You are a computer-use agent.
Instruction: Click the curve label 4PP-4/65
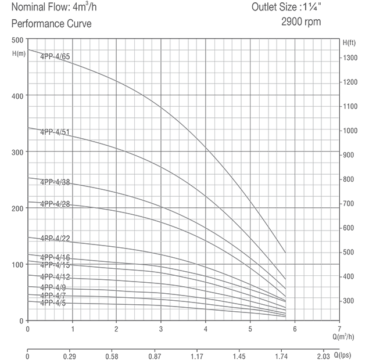point(55,56)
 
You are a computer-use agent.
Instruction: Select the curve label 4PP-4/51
point(55,132)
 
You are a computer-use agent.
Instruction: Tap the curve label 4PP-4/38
point(55,182)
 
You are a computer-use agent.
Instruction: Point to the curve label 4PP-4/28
point(55,204)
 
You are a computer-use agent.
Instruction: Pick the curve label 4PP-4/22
point(55,239)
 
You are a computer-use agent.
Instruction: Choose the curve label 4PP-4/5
point(53,303)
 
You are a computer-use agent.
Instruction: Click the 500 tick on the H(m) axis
point(17,39)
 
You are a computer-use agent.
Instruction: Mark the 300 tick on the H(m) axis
point(17,152)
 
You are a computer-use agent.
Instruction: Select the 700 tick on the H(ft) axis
point(347,203)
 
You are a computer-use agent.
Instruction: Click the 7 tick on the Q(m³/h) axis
point(339,328)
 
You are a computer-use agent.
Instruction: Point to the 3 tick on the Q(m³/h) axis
point(161,328)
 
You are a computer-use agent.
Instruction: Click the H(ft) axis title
point(349,43)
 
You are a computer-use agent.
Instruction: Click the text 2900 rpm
point(300,23)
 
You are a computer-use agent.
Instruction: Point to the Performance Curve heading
point(52,24)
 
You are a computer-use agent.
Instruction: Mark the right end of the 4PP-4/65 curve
point(285,253)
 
